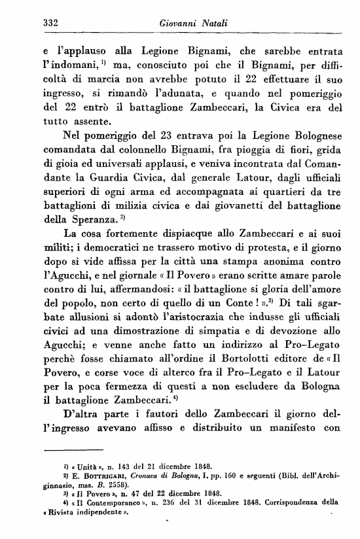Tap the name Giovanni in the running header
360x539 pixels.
click(x=177, y=24)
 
